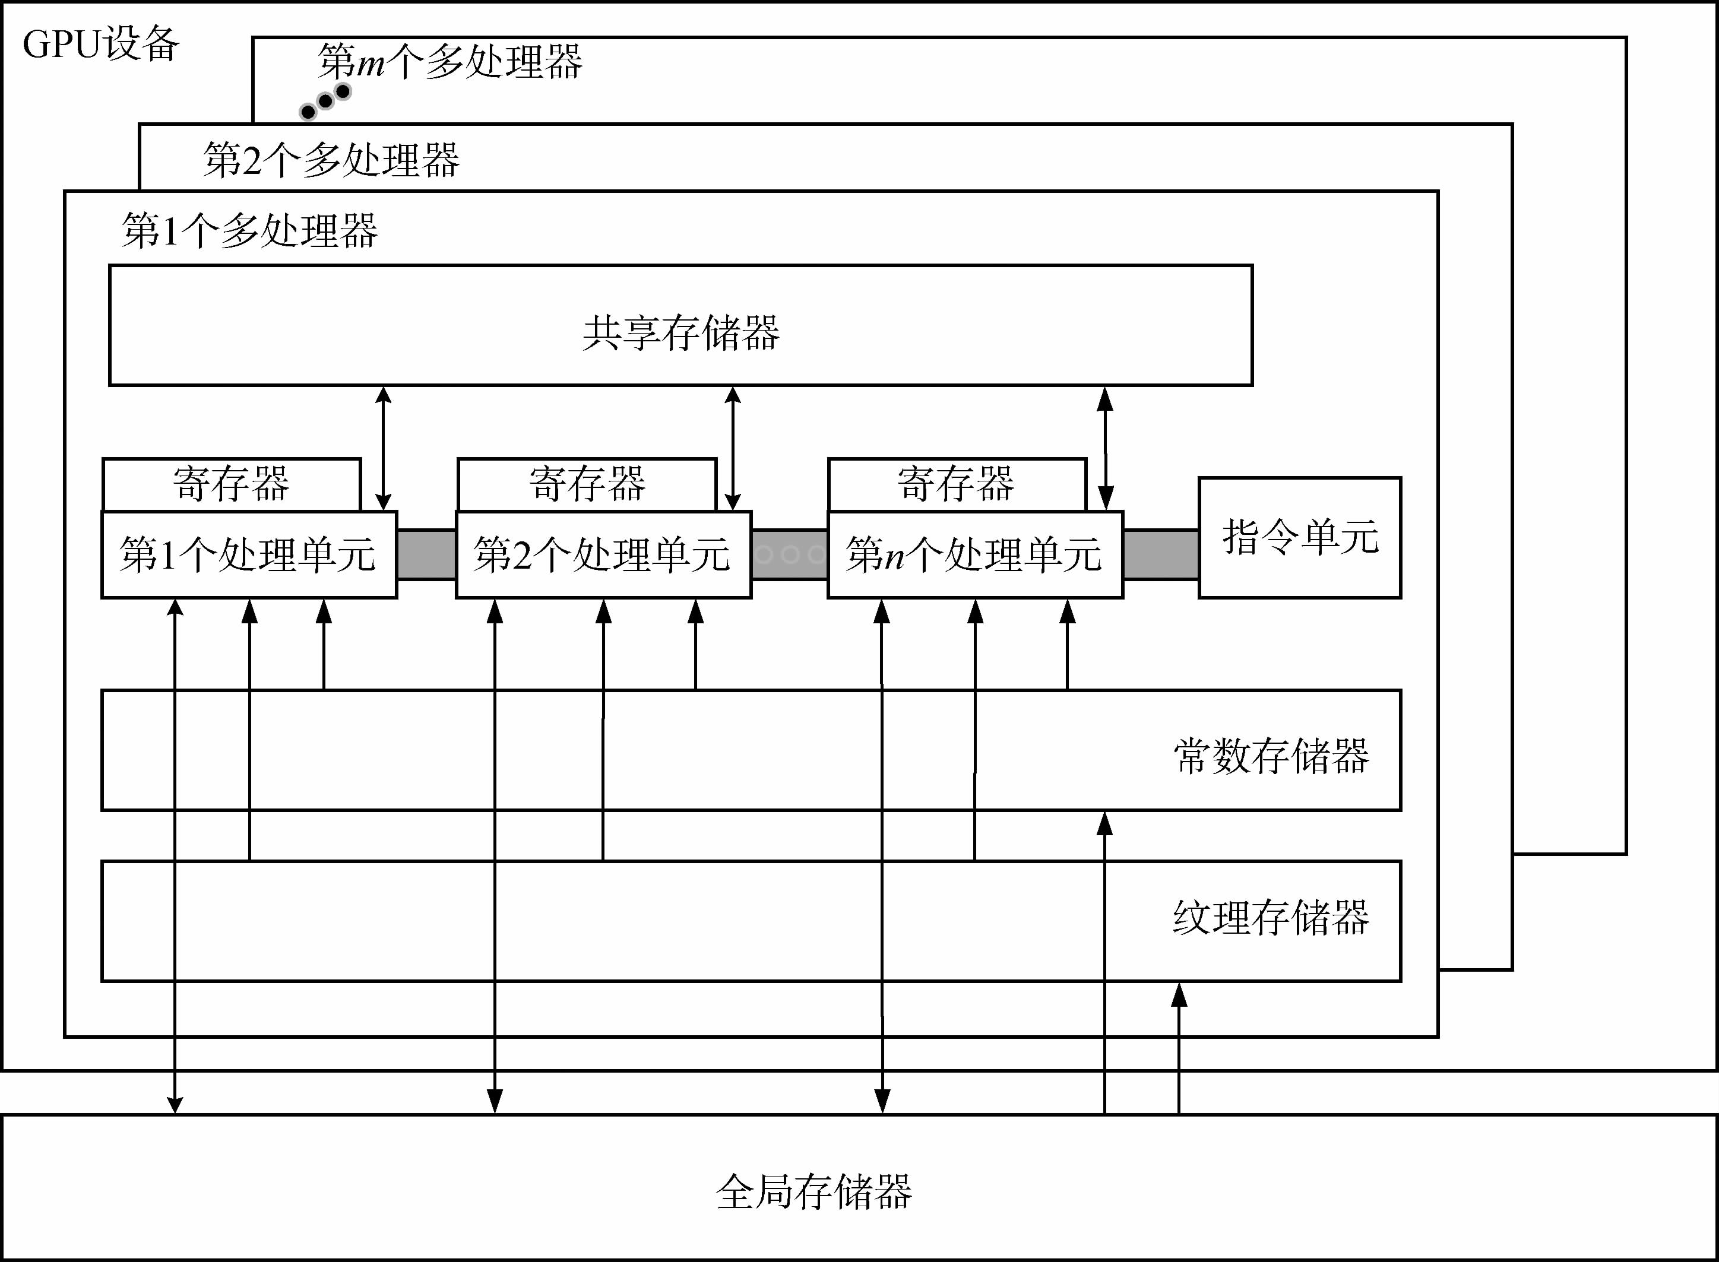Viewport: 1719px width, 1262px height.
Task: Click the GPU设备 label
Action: [101, 45]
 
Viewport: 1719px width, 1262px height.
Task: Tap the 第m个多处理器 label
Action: [450, 61]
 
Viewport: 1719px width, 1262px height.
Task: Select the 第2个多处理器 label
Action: [331, 160]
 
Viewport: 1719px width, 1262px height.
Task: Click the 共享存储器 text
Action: [680, 333]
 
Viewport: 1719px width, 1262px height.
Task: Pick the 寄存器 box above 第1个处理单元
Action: [232, 484]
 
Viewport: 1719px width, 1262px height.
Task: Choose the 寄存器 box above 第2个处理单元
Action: [587, 484]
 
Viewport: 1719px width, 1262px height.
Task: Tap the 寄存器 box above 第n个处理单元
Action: [957, 484]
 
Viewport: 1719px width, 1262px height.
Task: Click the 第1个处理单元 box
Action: [249, 554]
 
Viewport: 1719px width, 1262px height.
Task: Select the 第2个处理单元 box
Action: [603, 554]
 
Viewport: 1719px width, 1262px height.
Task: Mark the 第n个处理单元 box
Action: [975, 554]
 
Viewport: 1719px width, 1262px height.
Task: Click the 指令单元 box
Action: [1300, 537]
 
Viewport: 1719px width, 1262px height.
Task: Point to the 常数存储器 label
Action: [1271, 756]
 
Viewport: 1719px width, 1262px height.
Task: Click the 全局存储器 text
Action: [813, 1192]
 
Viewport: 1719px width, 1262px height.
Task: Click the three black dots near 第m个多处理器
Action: [325, 102]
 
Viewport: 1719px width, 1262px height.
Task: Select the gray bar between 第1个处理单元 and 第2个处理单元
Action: [426, 554]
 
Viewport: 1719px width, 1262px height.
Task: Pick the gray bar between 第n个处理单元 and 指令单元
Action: [1160, 554]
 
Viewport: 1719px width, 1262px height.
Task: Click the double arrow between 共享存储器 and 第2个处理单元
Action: [733, 448]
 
